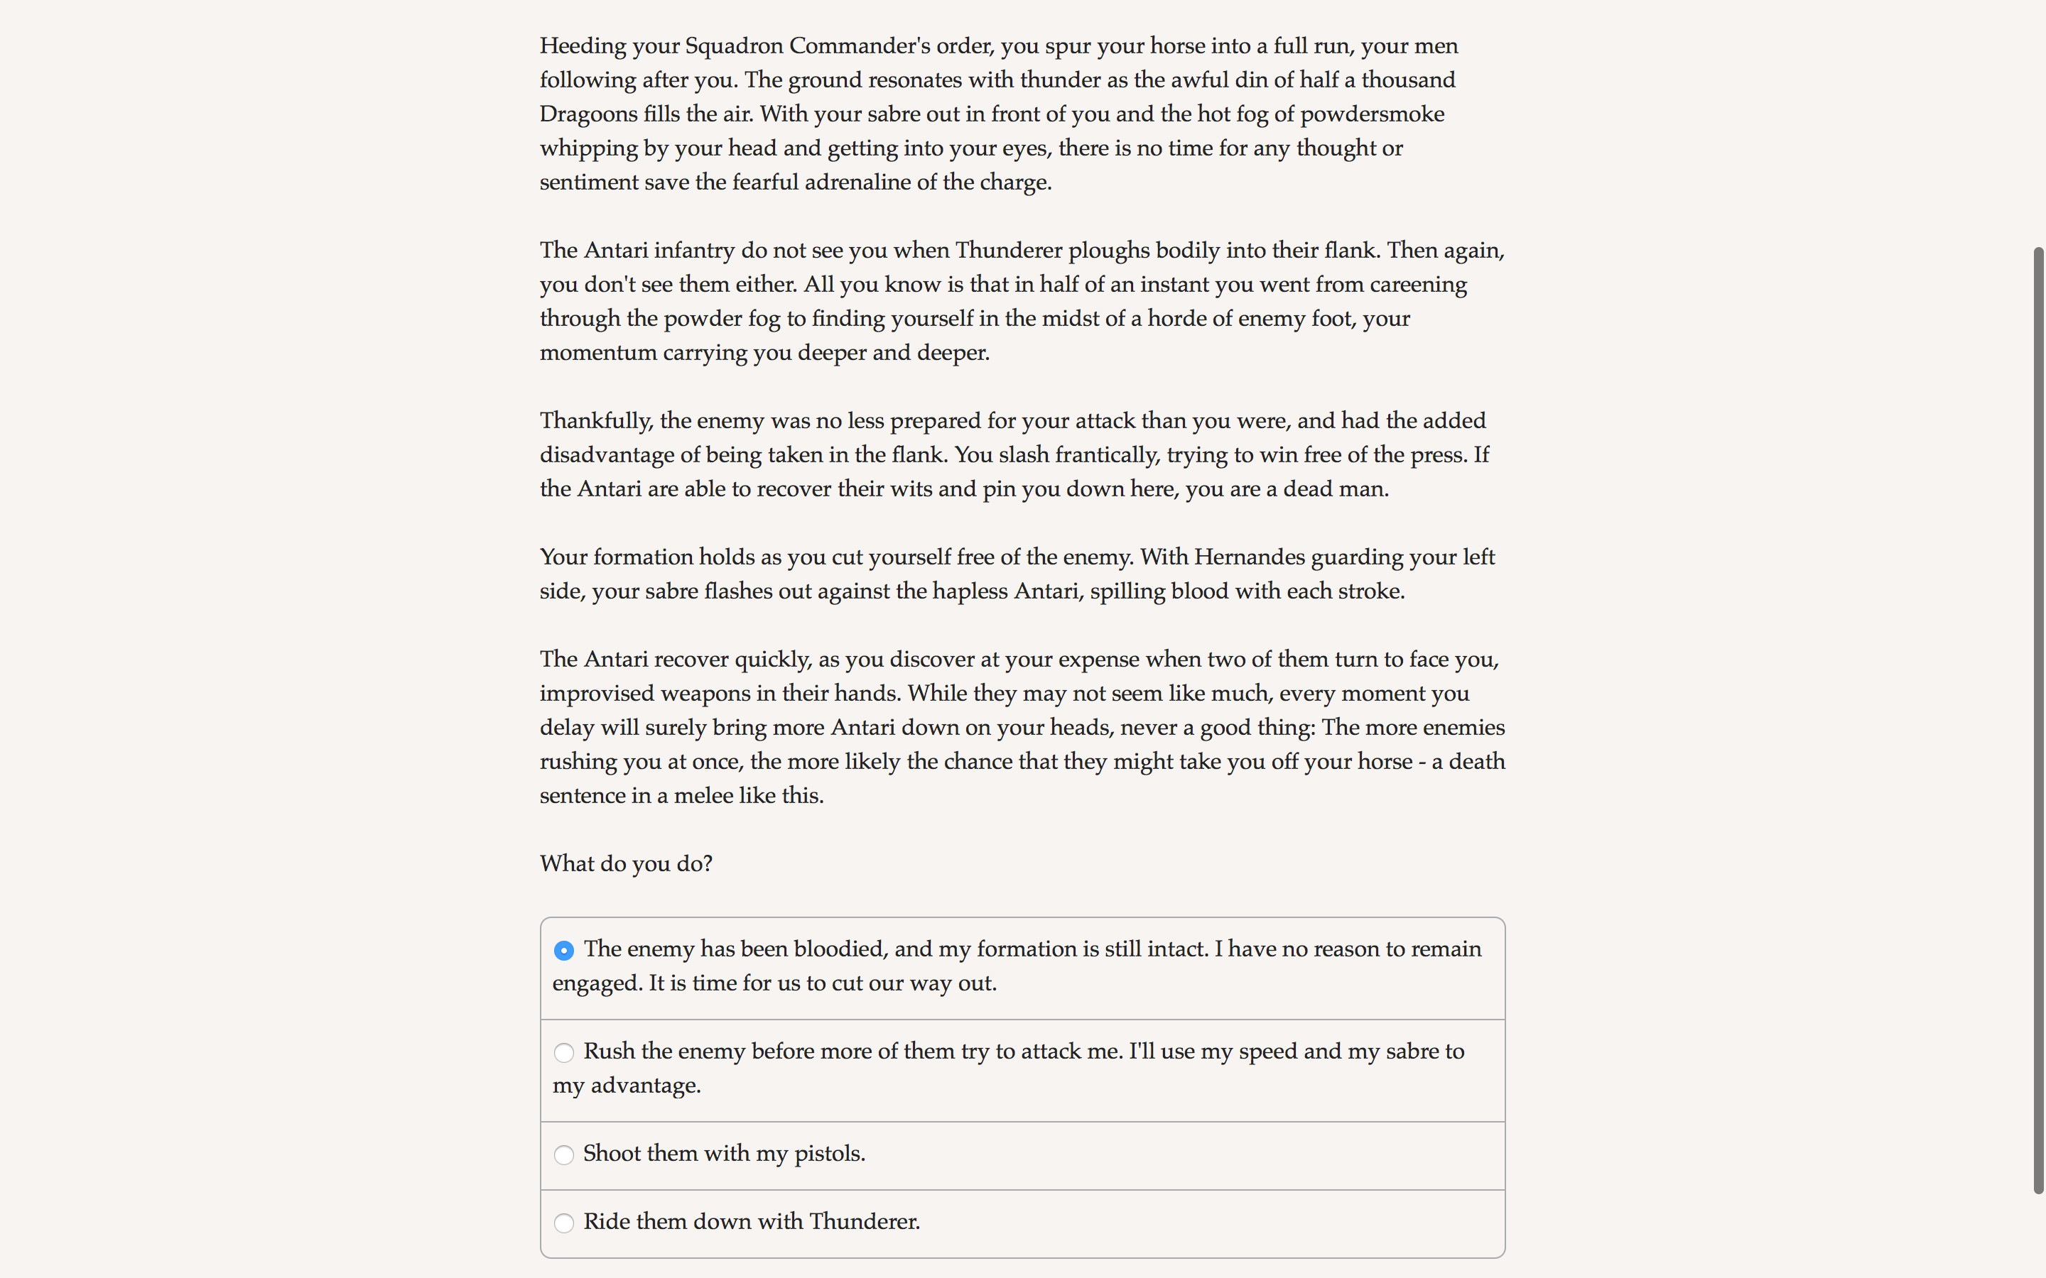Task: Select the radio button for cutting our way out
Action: (x=564, y=951)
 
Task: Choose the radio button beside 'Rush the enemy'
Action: (x=564, y=1053)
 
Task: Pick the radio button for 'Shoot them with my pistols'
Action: (x=564, y=1155)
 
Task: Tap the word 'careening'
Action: (x=1418, y=285)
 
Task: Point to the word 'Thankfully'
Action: (x=596, y=421)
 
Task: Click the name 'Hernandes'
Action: (x=1250, y=557)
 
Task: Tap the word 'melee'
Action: (x=703, y=796)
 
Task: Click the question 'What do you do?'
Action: (x=626, y=864)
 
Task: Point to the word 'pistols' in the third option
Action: (x=828, y=1154)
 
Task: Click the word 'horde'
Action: (x=1179, y=319)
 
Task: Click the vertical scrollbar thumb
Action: (x=2037, y=719)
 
